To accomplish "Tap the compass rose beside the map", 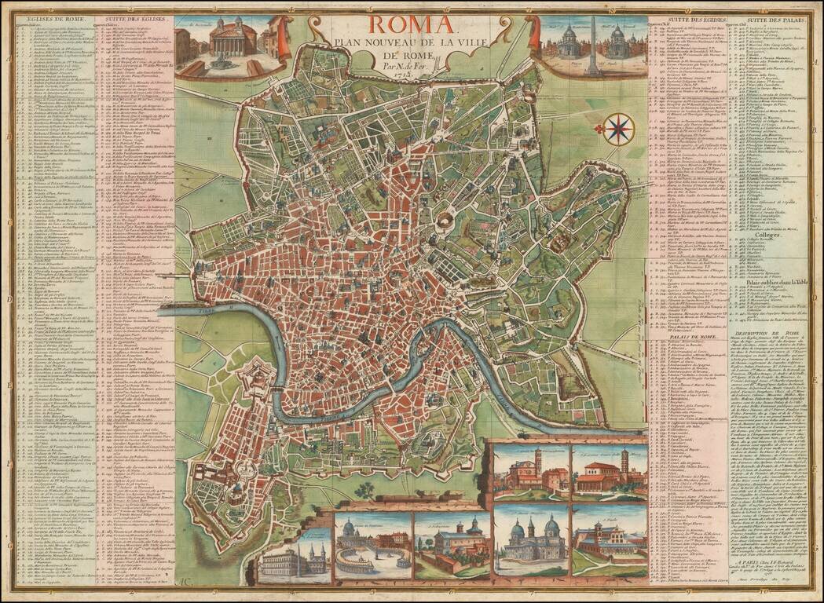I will [619, 129].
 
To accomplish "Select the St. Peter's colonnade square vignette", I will [372, 545].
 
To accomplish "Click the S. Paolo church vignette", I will [608, 543].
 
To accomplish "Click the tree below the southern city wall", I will [364, 491].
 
